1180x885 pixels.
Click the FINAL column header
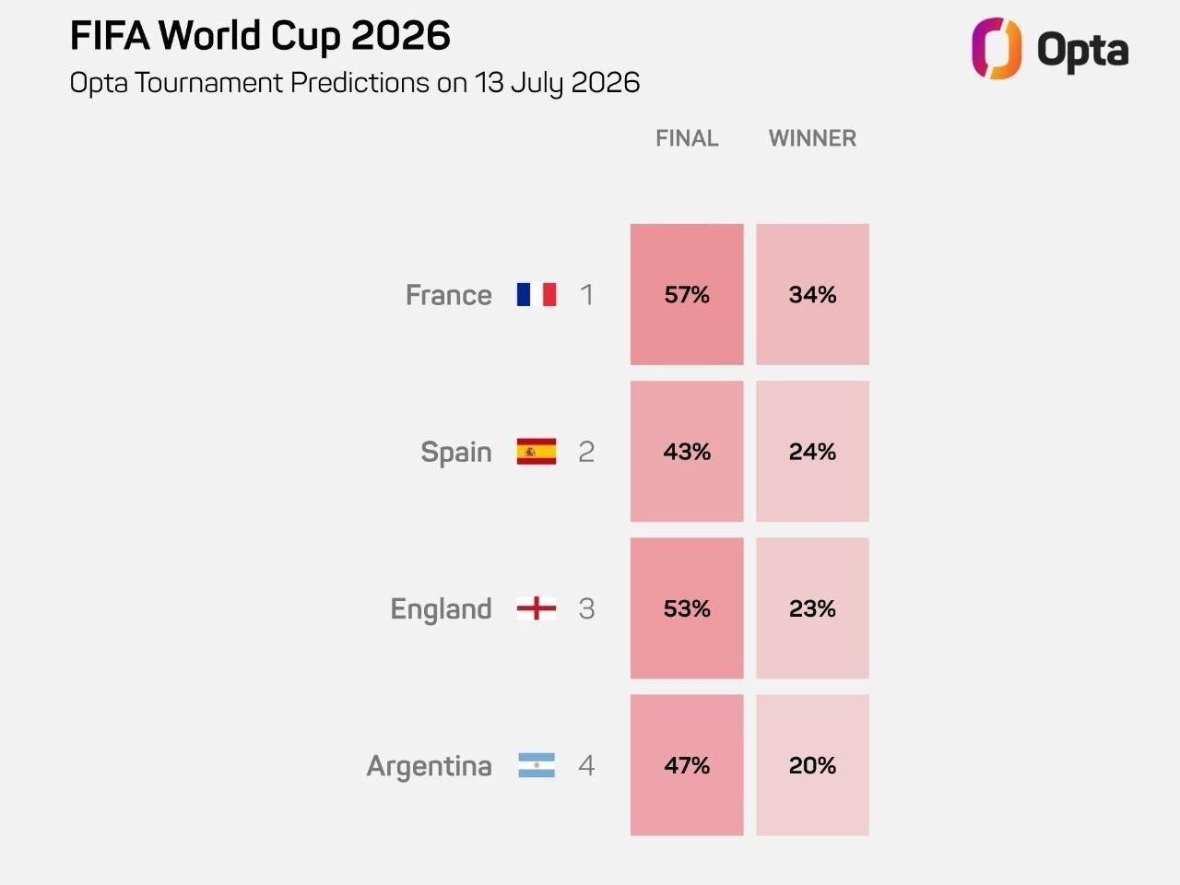click(x=687, y=138)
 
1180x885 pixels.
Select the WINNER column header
click(x=812, y=138)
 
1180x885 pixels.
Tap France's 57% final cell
click(x=687, y=294)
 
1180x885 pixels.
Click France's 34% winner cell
click(x=812, y=294)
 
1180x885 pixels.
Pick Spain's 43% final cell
click(x=687, y=452)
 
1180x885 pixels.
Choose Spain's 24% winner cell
click(x=812, y=452)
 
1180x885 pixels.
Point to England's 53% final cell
click(x=687, y=608)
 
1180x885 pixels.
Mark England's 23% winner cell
click(x=812, y=608)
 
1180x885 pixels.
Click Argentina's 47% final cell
click(x=687, y=765)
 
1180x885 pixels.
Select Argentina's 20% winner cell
click(x=812, y=765)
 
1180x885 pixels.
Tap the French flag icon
click(x=537, y=294)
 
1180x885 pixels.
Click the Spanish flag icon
click(x=537, y=452)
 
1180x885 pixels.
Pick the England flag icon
click(x=537, y=608)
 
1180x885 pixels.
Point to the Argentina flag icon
click(x=537, y=765)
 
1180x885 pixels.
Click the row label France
click(x=449, y=295)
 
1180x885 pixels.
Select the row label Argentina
click(x=430, y=766)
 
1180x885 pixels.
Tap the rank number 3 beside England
click(x=586, y=608)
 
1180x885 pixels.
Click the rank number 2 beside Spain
click(x=586, y=452)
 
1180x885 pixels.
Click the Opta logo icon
click(x=997, y=48)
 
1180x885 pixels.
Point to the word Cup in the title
click(x=305, y=37)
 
